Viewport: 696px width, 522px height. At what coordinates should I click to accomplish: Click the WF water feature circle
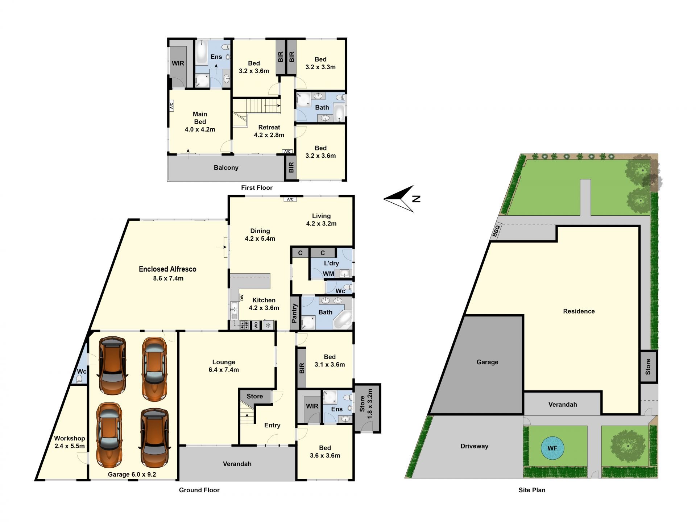[552, 448]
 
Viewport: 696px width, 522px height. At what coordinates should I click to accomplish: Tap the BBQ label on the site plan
[496, 231]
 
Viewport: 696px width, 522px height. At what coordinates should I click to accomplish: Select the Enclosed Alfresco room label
[167, 269]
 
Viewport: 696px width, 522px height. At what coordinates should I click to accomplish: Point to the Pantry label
[294, 314]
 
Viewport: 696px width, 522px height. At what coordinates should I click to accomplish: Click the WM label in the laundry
[328, 274]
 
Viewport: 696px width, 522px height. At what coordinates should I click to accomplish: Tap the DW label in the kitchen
[242, 298]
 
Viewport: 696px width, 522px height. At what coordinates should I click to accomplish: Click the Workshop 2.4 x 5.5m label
[69, 442]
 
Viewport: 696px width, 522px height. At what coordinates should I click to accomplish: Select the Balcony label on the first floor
[226, 167]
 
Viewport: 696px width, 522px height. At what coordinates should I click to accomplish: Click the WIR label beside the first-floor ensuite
[178, 63]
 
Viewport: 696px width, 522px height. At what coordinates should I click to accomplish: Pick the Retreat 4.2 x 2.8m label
[269, 131]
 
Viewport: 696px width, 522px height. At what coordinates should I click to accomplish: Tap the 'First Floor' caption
[257, 187]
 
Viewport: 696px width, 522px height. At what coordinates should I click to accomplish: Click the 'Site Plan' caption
[532, 490]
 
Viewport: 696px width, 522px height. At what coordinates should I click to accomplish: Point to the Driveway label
[474, 446]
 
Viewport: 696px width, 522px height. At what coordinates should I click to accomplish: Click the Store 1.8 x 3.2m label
[366, 404]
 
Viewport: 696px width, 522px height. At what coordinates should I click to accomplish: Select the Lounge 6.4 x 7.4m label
[224, 366]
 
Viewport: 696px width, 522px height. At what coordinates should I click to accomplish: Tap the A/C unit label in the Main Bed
[171, 106]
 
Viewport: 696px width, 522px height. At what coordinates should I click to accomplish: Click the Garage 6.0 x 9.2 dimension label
[132, 474]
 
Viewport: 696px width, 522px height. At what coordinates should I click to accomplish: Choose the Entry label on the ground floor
[272, 426]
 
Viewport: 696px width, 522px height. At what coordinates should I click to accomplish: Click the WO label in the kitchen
[256, 325]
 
